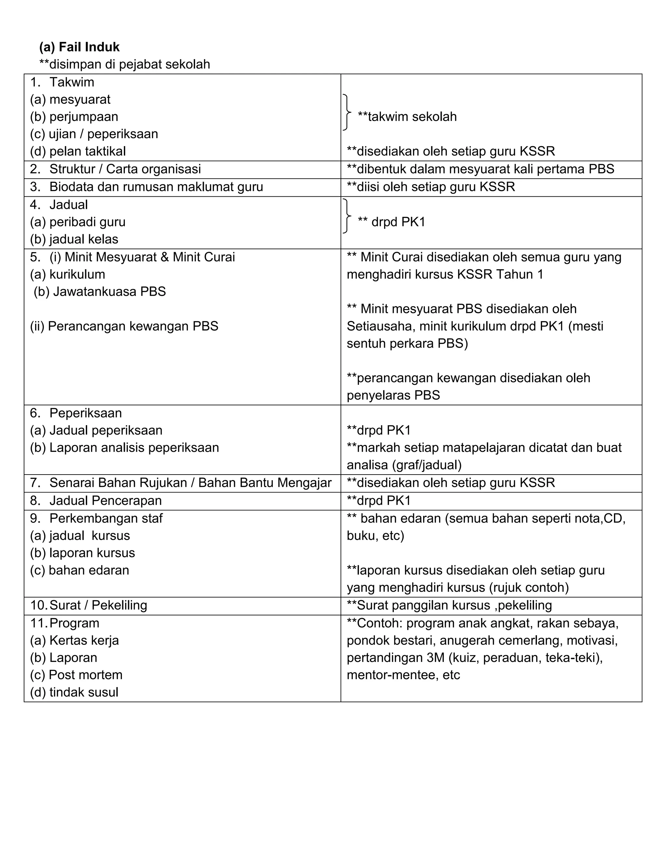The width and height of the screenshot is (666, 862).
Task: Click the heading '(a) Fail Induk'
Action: tap(79, 47)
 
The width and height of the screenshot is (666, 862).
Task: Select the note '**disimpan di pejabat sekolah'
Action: tap(124, 64)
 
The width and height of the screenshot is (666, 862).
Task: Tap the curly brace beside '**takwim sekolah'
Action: tap(346, 113)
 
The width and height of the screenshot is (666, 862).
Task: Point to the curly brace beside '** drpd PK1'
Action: tap(346, 216)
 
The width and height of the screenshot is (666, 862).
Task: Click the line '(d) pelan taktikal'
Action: tap(78, 151)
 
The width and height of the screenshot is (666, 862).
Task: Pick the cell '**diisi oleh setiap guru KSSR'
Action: tap(431, 187)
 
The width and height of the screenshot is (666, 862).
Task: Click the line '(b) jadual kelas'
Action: tap(74, 239)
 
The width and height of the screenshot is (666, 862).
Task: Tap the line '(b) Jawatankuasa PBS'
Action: tap(100, 292)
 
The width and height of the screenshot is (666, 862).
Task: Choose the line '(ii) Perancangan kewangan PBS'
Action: tap(124, 326)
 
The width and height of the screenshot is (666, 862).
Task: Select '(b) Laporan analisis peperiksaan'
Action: tap(124, 448)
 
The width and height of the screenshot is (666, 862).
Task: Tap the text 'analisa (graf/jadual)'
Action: tap(404, 465)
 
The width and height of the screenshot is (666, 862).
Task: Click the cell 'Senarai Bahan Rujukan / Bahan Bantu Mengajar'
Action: tap(190, 483)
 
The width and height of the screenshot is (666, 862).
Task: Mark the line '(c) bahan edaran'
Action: tap(79, 570)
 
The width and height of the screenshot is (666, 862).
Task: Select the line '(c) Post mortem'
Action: tap(76, 675)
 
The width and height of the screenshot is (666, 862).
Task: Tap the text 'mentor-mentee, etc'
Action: tap(403, 675)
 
